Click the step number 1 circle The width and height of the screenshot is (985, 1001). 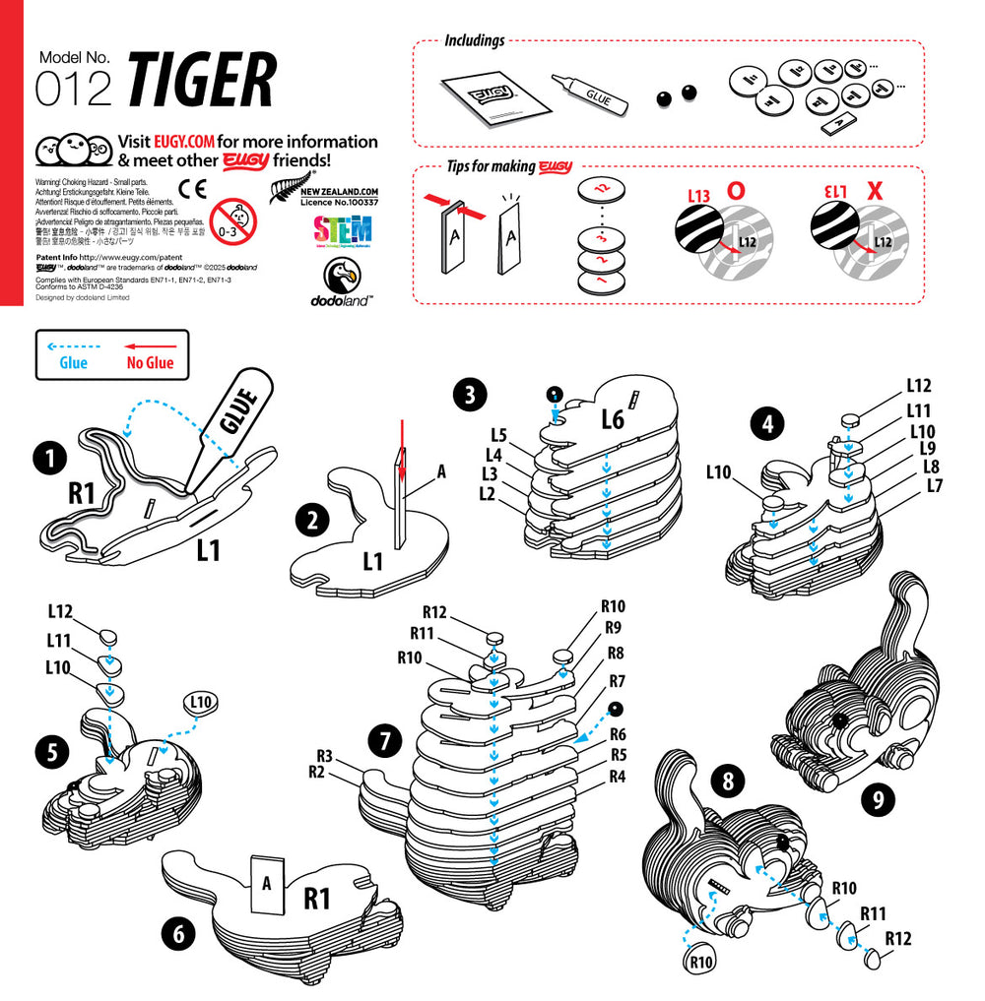pos(48,458)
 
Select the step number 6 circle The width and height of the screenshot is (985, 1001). pos(178,934)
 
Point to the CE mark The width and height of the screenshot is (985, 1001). pos(192,189)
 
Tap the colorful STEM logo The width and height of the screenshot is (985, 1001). pos(342,230)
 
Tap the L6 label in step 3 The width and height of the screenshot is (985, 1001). pos(613,419)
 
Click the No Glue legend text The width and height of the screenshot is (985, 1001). pos(150,363)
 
